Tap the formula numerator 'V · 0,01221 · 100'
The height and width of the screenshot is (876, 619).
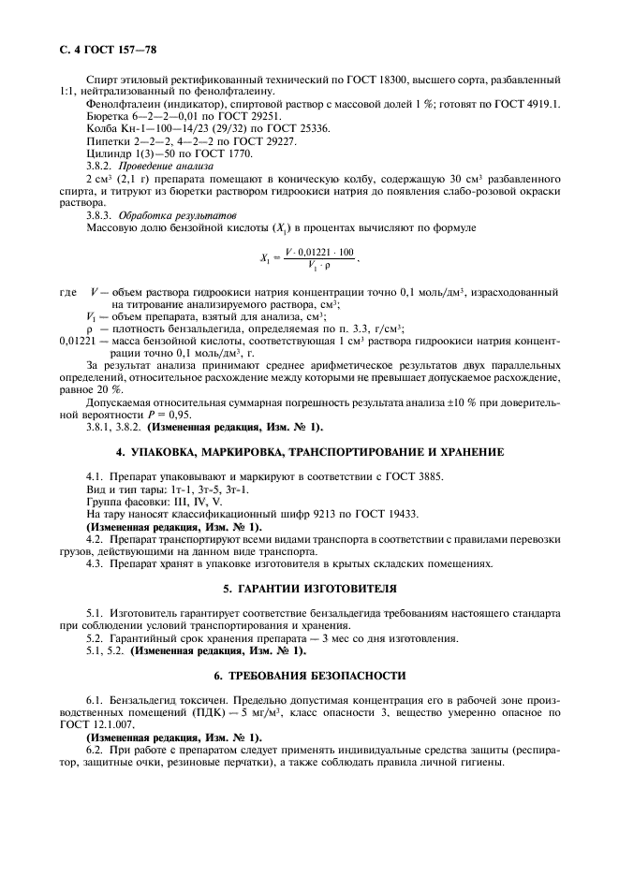click(320, 253)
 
